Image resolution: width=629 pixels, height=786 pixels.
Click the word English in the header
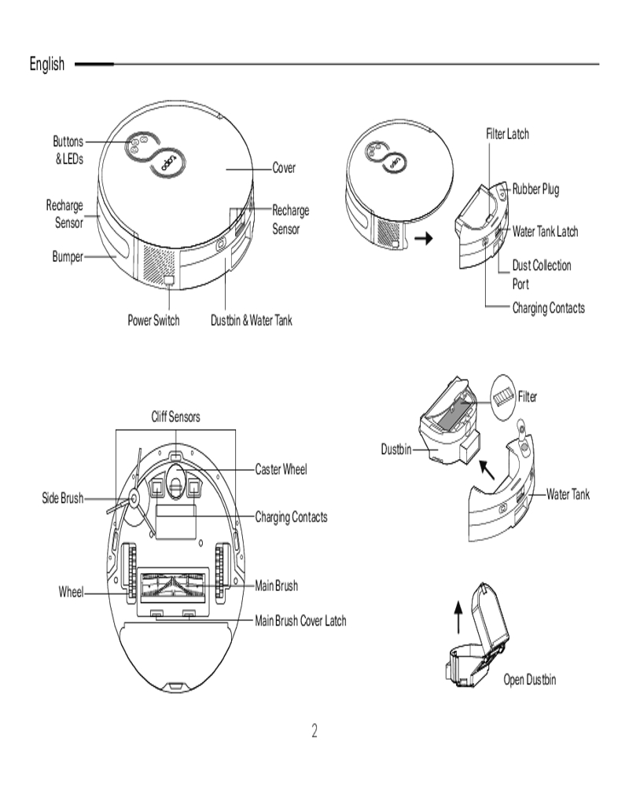coord(47,64)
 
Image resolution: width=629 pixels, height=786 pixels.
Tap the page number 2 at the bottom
coord(314,732)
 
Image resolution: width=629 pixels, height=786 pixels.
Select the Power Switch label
coord(153,321)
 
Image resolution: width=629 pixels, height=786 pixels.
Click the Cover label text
coord(284,168)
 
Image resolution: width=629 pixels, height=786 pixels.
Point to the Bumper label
coord(68,257)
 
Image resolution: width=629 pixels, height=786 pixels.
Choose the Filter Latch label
coord(507,134)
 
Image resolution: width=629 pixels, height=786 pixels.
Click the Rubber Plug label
coord(535,189)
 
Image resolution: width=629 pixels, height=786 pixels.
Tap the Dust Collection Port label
coord(541,274)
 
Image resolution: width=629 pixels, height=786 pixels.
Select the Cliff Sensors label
coord(176,417)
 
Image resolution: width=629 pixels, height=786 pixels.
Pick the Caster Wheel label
coord(281,469)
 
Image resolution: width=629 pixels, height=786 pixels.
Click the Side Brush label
coord(62,498)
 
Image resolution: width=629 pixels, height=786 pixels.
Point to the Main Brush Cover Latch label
coord(300,621)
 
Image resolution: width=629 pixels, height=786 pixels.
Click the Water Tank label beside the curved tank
coord(568,494)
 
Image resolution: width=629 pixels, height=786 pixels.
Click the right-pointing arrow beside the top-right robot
coord(425,238)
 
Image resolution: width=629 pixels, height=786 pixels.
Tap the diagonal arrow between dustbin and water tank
coord(488,470)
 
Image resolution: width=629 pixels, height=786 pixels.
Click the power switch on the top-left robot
coord(169,279)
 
